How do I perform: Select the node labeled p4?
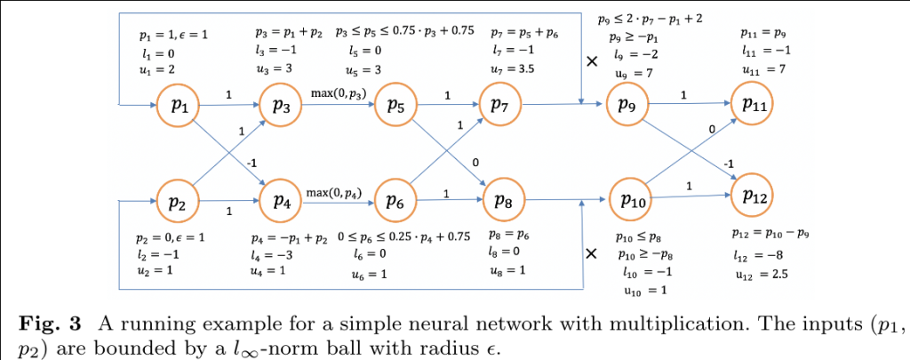pyautogui.click(x=282, y=200)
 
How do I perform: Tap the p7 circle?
pyautogui.click(x=501, y=107)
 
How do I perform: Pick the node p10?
pyautogui.click(x=633, y=200)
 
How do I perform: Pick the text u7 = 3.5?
pyautogui.click(x=515, y=70)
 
